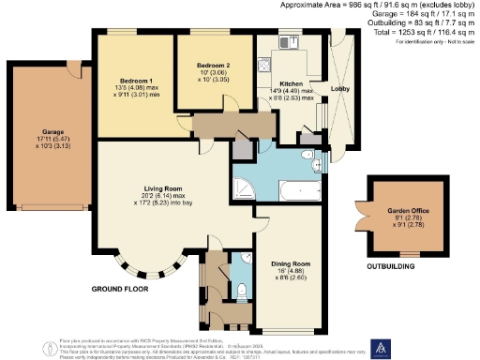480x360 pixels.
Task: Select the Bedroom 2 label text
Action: click(214, 65)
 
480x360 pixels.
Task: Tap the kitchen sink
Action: click(288, 42)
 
